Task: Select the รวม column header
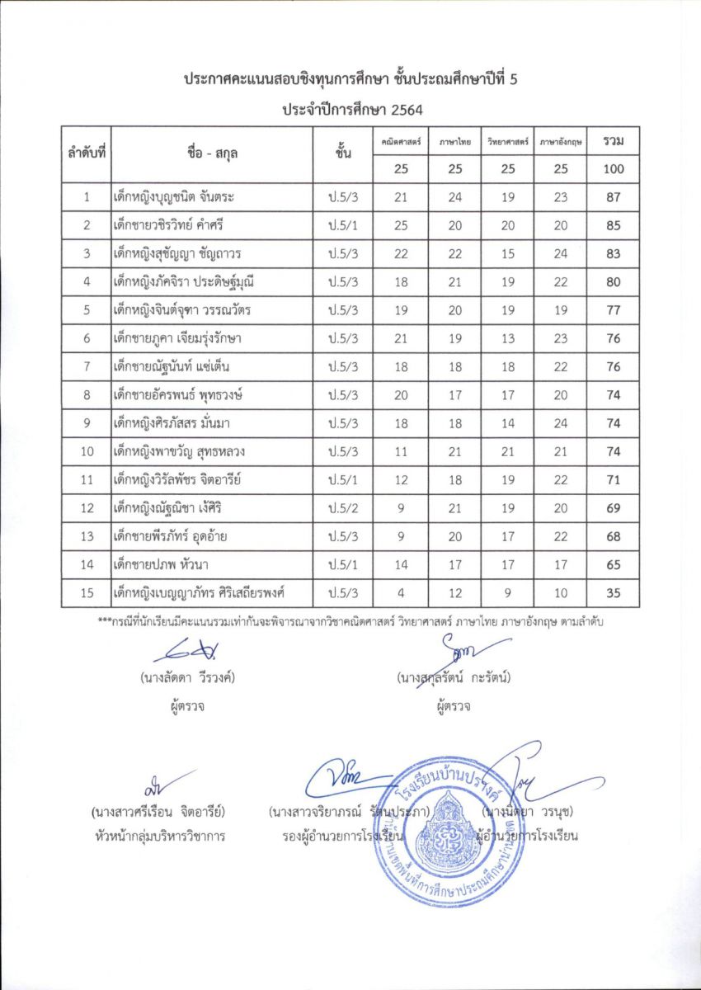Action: click(x=613, y=141)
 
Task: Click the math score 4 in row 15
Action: click(x=401, y=592)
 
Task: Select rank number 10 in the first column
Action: click(x=87, y=451)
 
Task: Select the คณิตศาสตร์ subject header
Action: click(x=401, y=142)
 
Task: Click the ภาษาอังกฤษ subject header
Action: click(x=562, y=142)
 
